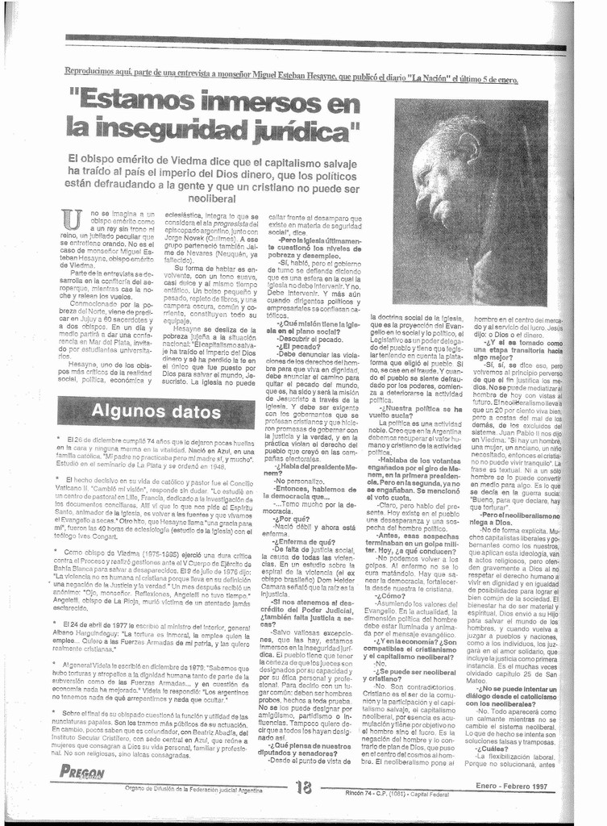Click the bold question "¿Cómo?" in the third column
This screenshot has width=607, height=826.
click(385, 619)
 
